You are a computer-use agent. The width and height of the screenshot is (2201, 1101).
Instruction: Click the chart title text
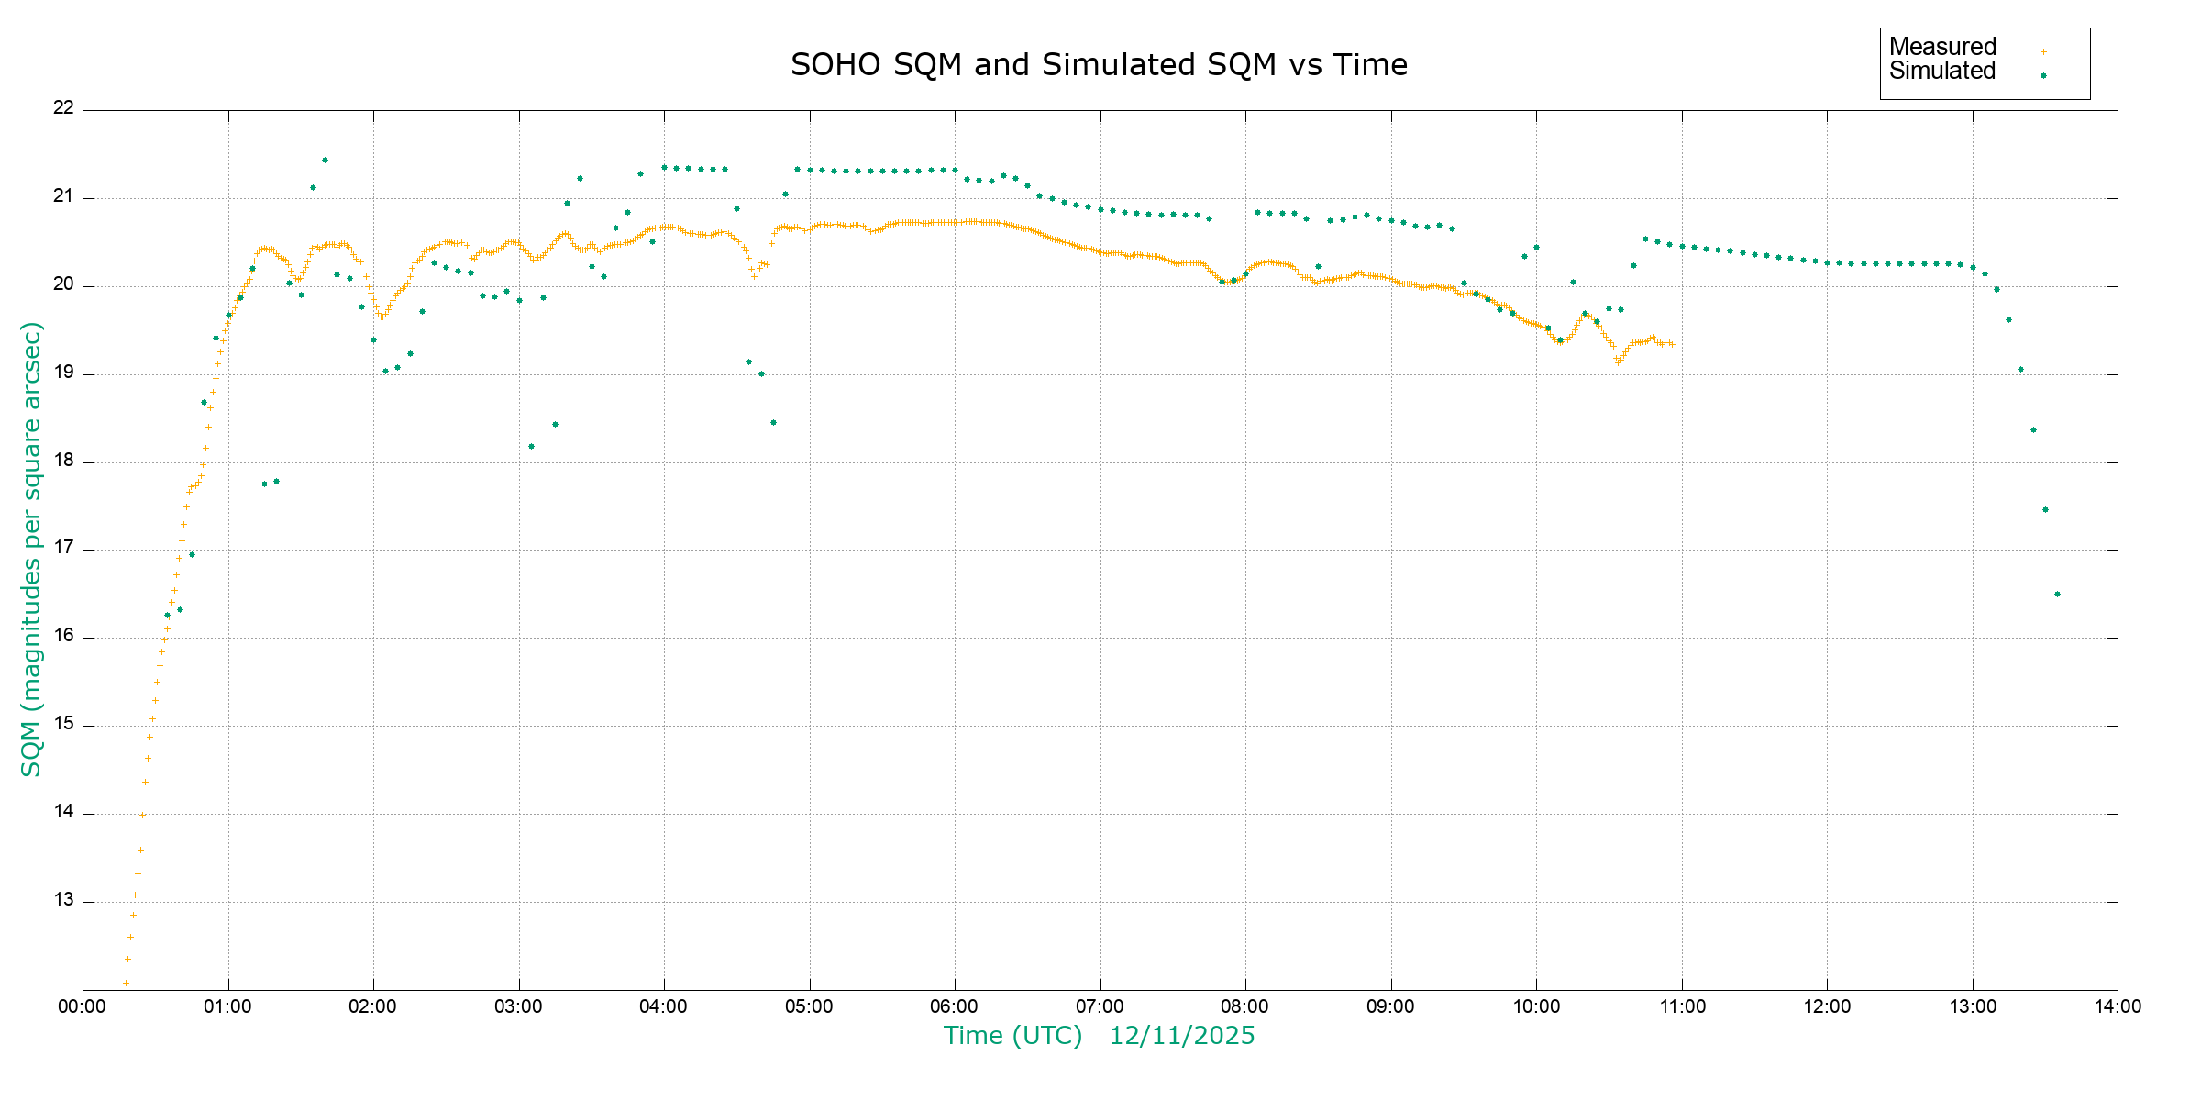coord(1099,65)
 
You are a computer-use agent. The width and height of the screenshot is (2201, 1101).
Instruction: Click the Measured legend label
coord(1942,47)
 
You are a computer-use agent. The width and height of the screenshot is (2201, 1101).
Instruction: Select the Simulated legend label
coord(1942,72)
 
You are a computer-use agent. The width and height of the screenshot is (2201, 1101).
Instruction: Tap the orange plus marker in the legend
coord(2043,51)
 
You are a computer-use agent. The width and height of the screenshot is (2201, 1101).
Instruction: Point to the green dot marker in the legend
coord(2043,76)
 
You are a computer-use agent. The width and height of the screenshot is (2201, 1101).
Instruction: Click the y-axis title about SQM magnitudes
coord(31,549)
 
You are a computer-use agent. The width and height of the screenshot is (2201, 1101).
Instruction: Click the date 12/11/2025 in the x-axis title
coord(1182,1036)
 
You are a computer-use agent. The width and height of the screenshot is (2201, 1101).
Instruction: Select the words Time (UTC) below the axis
coord(1013,1036)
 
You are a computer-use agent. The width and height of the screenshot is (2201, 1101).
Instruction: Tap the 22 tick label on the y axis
coord(63,107)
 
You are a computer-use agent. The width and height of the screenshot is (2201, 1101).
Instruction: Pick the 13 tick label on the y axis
coord(63,900)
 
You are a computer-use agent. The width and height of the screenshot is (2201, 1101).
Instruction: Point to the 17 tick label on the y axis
coord(63,549)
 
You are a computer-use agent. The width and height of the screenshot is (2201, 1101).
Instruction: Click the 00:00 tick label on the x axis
coord(83,1006)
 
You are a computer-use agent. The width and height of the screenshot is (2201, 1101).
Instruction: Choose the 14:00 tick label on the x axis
coord(2118,1006)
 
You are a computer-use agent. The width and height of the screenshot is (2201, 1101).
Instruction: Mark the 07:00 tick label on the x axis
coord(1100,1006)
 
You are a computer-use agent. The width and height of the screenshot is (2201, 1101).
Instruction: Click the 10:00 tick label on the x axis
coord(1536,1006)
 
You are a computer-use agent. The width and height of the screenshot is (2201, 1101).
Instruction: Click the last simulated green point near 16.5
coord(2057,594)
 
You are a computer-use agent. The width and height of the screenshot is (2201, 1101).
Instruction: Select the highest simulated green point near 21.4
coord(325,161)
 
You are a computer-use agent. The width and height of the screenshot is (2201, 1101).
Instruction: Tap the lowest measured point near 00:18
coord(126,983)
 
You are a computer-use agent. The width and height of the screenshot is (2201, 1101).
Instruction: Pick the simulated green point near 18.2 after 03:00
coord(531,447)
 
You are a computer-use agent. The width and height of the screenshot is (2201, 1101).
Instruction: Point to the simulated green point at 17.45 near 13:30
coord(2045,509)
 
